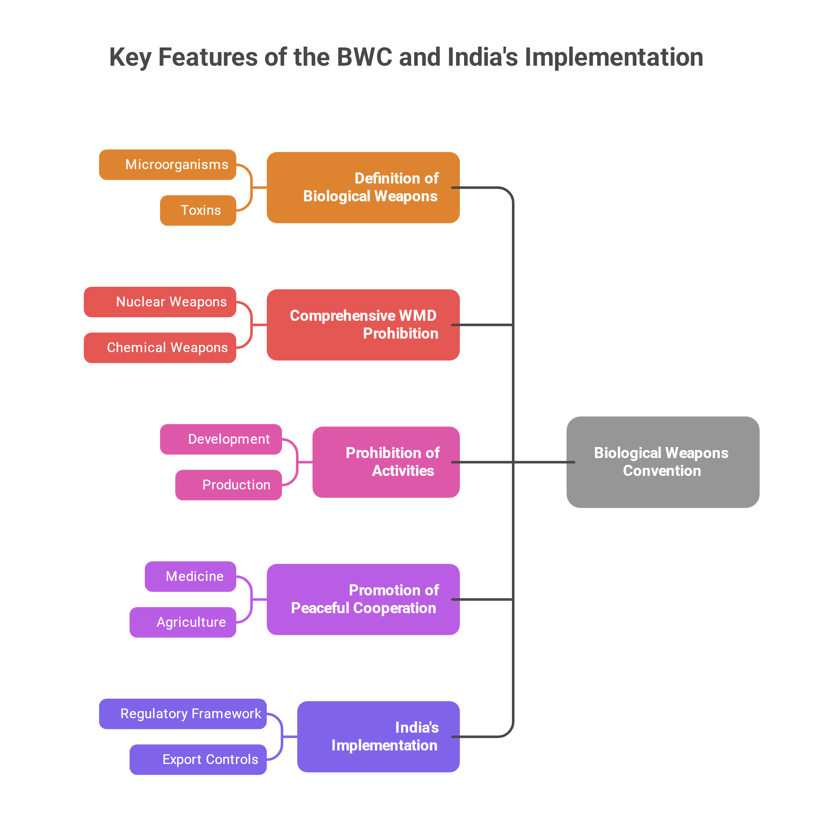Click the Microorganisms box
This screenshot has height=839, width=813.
coord(168,165)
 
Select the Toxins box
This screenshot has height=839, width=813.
coord(198,211)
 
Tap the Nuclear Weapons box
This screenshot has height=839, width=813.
coord(160,302)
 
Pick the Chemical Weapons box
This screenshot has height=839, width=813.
coord(160,348)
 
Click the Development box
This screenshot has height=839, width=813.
coord(221,439)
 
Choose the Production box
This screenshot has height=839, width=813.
coord(229,486)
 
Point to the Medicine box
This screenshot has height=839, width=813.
coord(190,577)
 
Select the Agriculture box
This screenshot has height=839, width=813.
coord(183,623)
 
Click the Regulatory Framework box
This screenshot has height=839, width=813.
coord(183,714)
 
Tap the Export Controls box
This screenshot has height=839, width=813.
coord(198,760)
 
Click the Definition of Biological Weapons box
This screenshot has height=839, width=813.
coord(363,187)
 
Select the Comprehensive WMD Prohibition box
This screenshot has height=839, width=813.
coord(363,325)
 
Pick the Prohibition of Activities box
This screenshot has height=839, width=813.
coord(386,462)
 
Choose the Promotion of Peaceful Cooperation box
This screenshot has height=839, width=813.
coord(363,600)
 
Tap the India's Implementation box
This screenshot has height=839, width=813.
coord(379,737)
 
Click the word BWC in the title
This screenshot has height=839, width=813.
coord(365,57)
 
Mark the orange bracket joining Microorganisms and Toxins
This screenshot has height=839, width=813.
coord(252,187)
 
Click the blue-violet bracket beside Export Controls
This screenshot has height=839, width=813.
coord(282,737)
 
